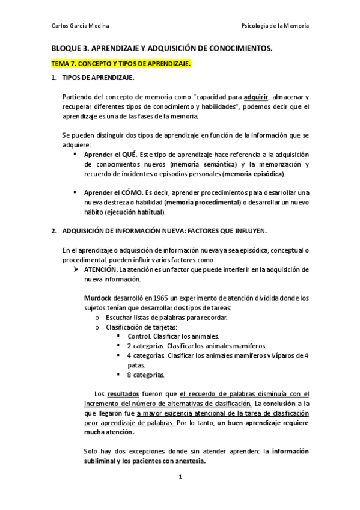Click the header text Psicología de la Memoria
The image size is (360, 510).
(275, 26)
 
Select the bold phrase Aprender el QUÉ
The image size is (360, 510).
(111, 155)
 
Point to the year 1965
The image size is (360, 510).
(160, 298)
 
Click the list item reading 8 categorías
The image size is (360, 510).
(145, 375)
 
